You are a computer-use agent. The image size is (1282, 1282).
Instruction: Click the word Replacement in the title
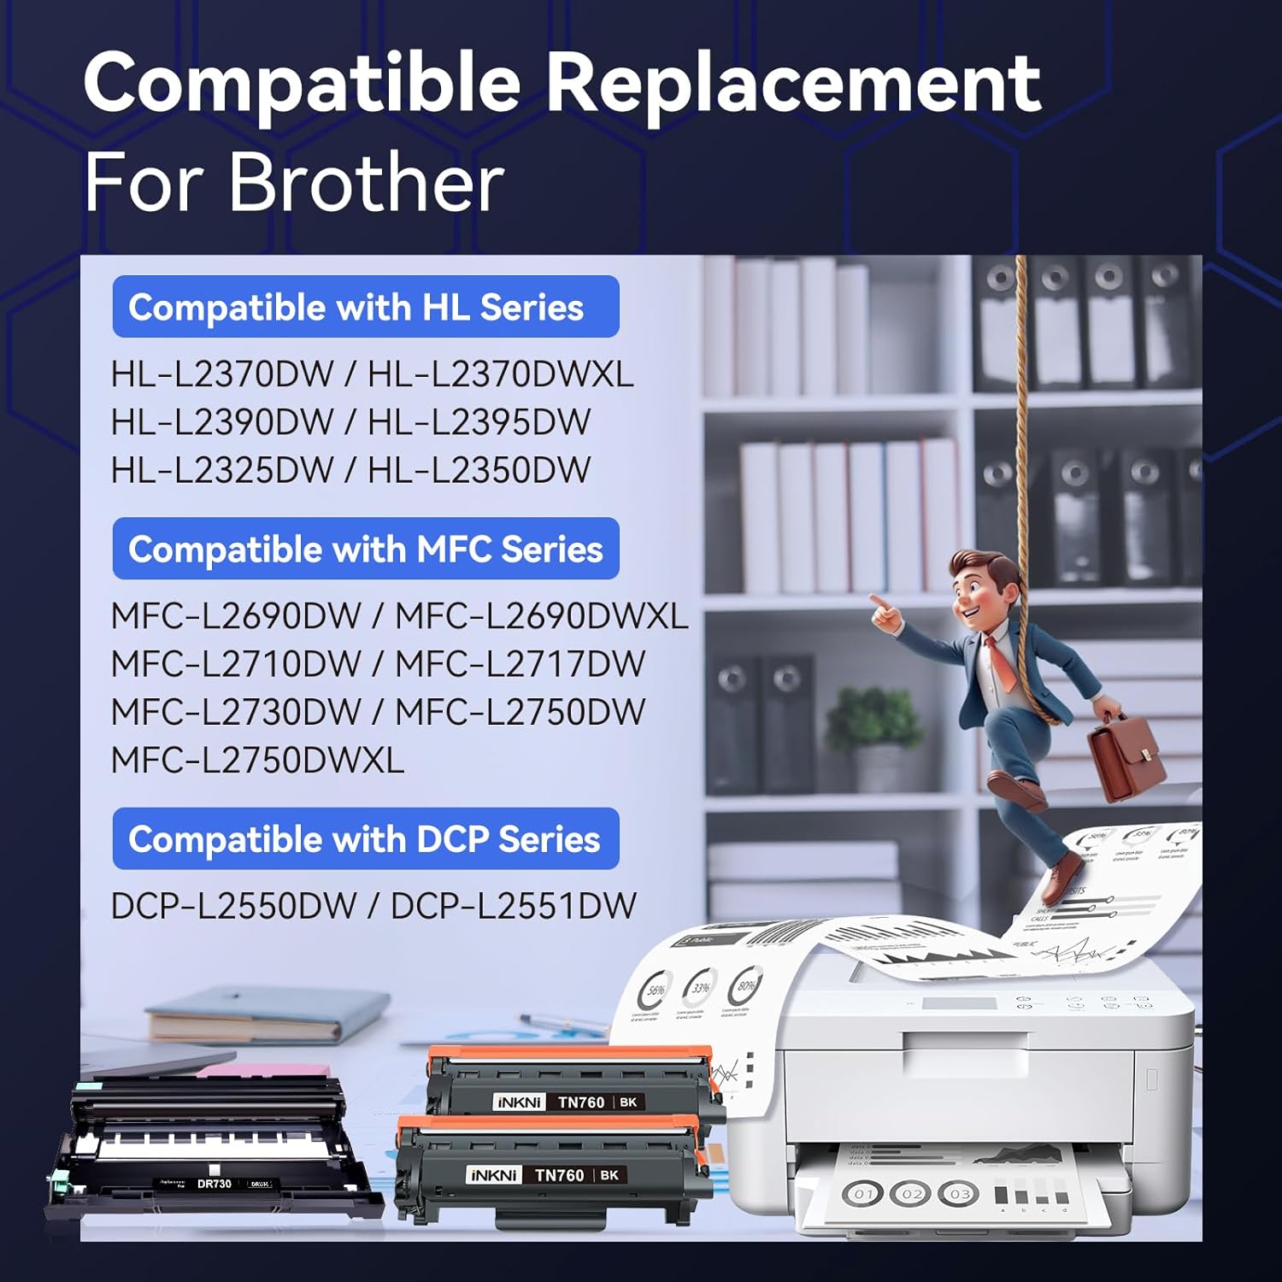pyautogui.click(x=793, y=83)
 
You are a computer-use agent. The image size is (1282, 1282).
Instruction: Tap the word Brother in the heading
pyautogui.click(x=367, y=182)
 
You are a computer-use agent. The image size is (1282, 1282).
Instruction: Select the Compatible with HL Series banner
pyautogui.click(x=366, y=307)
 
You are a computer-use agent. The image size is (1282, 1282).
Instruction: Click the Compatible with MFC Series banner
pyautogui.click(x=366, y=549)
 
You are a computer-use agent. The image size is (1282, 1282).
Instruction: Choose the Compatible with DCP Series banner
pyautogui.click(x=366, y=839)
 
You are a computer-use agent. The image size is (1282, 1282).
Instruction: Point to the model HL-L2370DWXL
pyautogui.click(x=501, y=374)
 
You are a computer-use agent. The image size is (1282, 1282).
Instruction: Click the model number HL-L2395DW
pyautogui.click(x=479, y=422)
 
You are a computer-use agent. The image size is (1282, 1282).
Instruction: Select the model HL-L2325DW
pyautogui.click(x=222, y=470)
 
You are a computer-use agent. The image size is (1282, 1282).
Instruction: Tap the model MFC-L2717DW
pyautogui.click(x=520, y=664)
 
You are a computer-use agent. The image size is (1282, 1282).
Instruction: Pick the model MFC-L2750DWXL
pyautogui.click(x=258, y=761)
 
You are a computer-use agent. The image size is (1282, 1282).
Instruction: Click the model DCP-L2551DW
pyautogui.click(x=514, y=907)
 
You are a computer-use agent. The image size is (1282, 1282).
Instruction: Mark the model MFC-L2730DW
pyautogui.click(x=237, y=712)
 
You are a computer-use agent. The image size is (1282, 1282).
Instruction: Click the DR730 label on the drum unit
pyautogui.click(x=215, y=1184)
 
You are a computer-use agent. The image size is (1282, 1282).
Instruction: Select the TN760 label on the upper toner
pyautogui.click(x=581, y=1103)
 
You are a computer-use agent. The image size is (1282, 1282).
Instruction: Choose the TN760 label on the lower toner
pyautogui.click(x=560, y=1176)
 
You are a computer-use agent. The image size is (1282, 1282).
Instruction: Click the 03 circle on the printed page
pyautogui.click(x=960, y=1193)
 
